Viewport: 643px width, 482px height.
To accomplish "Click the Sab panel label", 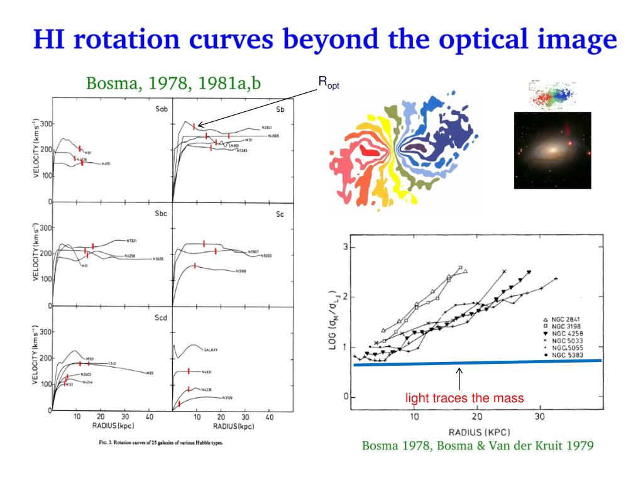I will tap(162, 109).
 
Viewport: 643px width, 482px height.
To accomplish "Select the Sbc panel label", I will tap(161, 214).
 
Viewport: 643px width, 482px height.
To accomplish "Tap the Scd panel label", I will tap(161, 317).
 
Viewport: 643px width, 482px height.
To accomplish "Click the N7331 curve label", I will tap(133, 241).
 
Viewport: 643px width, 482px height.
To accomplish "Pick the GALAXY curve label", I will tap(211, 349).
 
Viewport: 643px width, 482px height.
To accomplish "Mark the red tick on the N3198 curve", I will tap(195, 266).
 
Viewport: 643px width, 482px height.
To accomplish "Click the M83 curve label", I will tap(150, 373).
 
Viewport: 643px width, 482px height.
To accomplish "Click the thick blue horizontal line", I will tap(478, 363).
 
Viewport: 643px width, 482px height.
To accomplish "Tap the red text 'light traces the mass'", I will tap(464, 398).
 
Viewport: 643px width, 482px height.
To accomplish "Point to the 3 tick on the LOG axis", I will tap(345, 247).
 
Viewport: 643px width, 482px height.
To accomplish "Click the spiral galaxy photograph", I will tap(552, 150).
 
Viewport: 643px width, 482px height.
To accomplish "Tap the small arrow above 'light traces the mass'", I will tap(459, 378).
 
